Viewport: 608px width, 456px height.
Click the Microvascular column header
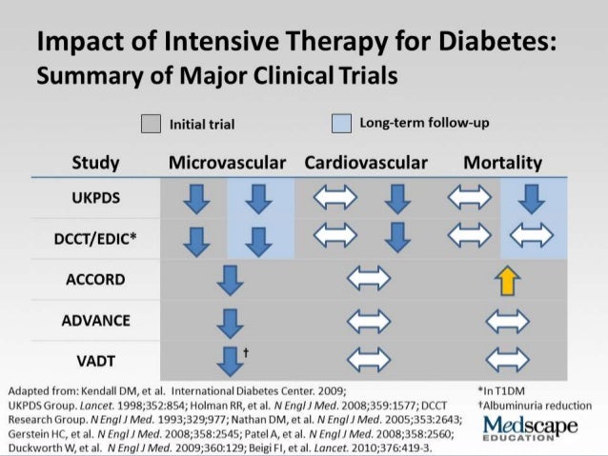[227, 162]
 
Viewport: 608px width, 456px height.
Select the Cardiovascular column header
[366, 162]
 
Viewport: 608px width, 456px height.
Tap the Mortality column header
[502, 162]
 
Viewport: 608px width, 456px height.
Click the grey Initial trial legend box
[151, 123]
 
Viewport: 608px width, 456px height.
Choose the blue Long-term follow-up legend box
[341, 123]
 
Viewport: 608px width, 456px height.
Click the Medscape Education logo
[531, 427]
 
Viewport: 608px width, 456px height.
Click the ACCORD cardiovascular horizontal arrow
[366, 281]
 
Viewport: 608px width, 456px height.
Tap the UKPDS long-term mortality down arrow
[531, 199]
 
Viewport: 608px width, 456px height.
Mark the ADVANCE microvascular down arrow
[227, 321]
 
